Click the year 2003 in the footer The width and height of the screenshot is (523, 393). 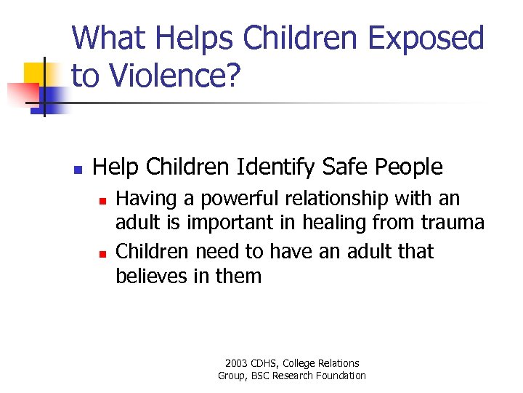(x=238, y=363)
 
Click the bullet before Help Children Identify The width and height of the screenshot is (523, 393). (x=78, y=170)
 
